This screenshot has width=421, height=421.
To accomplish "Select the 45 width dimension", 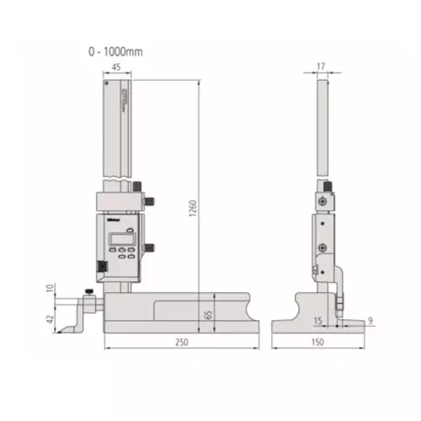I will pyautogui.click(x=114, y=71).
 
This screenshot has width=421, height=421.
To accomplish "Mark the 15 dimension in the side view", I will pyautogui.click(x=317, y=321).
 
